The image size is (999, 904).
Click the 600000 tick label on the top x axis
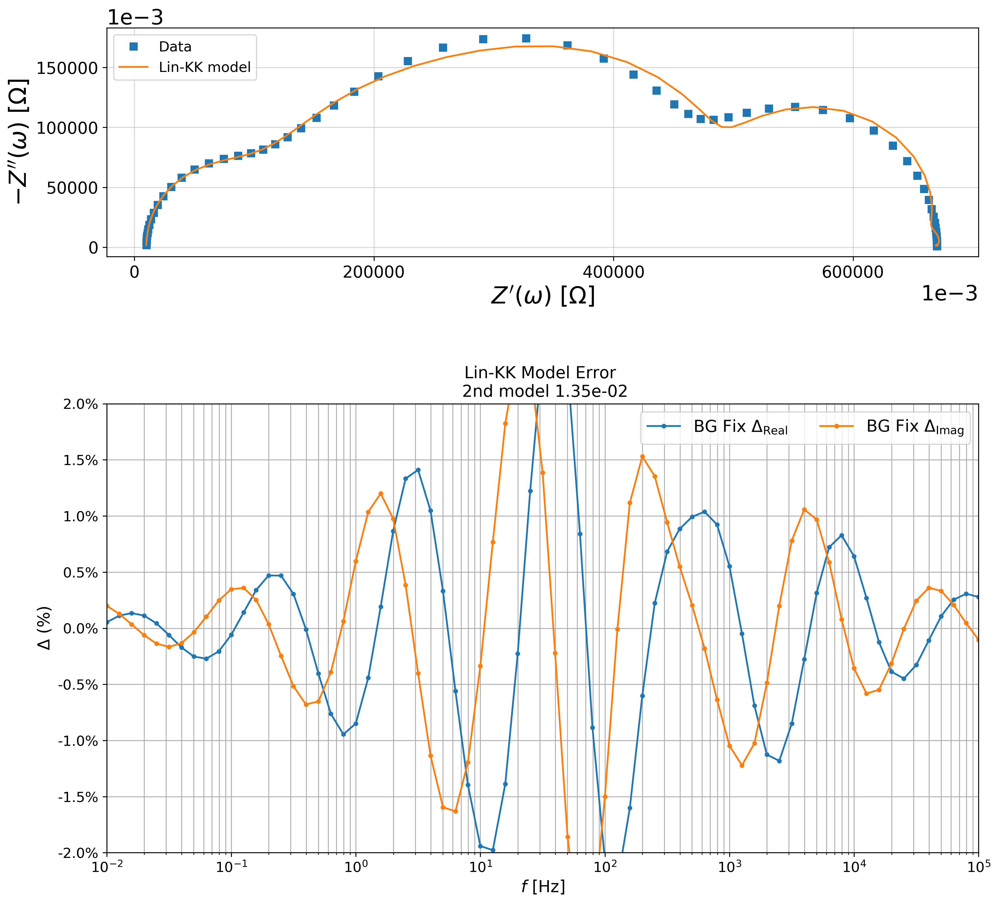(x=853, y=273)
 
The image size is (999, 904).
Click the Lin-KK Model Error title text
(x=540, y=373)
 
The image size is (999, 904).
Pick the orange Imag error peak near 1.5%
(x=642, y=456)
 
